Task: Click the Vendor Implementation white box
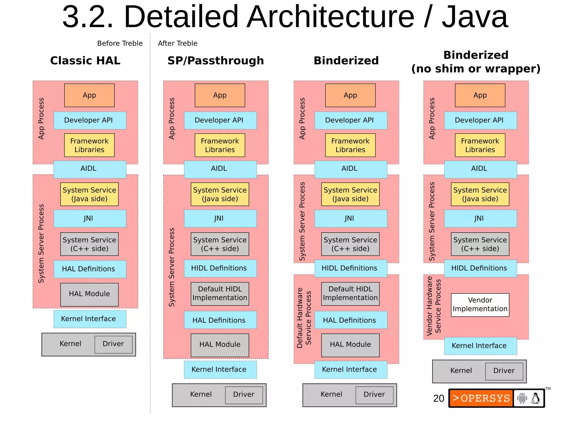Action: pos(480,304)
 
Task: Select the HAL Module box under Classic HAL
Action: pos(89,294)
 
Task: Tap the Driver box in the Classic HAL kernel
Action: pos(113,344)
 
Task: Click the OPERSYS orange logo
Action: pos(481,398)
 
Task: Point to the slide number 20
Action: pos(439,398)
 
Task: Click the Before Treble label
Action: pos(120,43)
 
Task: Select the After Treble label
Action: pos(178,43)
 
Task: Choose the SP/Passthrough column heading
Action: pos(216,61)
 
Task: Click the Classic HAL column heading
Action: pos(85,61)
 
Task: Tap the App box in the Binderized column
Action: pos(350,95)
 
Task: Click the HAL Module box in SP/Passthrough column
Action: pos(220,345)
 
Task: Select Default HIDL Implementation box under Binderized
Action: pos(350,294)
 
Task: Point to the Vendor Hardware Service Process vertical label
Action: pos(434,306)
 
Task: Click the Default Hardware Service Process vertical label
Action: pos(304,318)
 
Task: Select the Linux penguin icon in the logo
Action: pos(535,398)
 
